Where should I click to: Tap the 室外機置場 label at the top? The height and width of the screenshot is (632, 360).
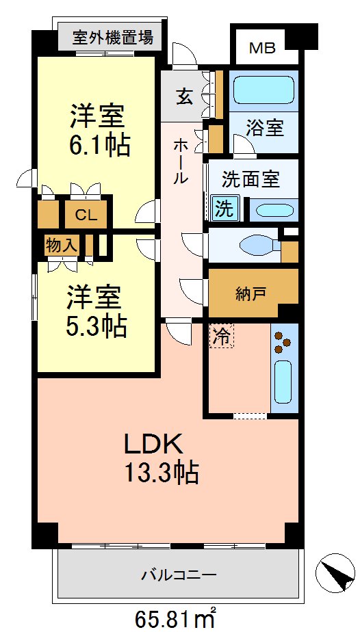[113, 36]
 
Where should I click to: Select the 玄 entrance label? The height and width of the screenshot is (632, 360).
[185, 96]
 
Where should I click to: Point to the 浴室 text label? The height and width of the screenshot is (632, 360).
[265, 128]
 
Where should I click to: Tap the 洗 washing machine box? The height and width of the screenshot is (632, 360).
[224, 209]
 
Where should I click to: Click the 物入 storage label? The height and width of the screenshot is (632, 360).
[61, 245]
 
